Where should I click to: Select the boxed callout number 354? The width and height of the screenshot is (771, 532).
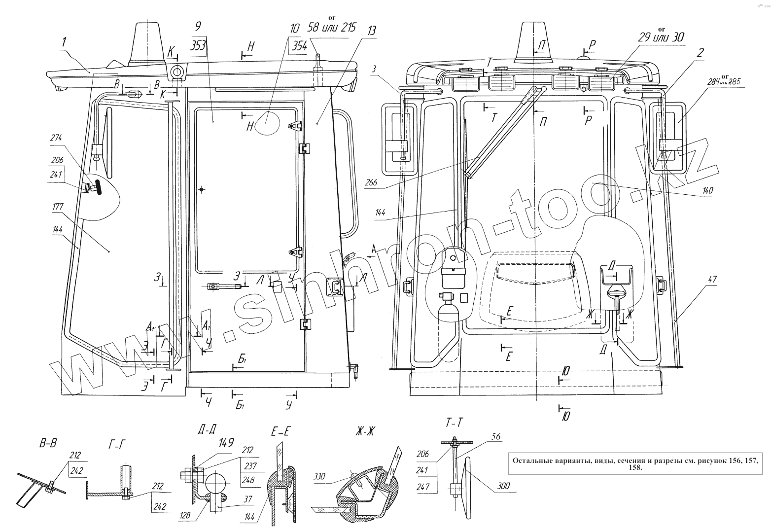tap(299, 46)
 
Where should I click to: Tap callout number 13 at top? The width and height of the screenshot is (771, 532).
tap(371, 30)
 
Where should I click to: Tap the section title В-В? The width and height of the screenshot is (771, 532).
tap(48, 443)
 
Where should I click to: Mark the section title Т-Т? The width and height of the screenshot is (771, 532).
tap(455, 423)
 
